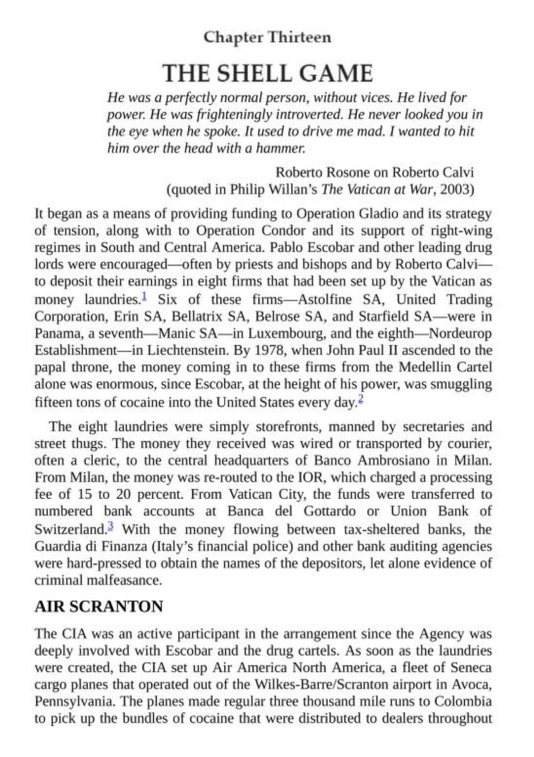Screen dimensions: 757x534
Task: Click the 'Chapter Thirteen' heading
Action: point(267,38)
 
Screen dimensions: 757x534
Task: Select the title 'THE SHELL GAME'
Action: point(267,74)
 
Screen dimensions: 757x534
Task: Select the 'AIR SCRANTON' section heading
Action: point(98,607)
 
